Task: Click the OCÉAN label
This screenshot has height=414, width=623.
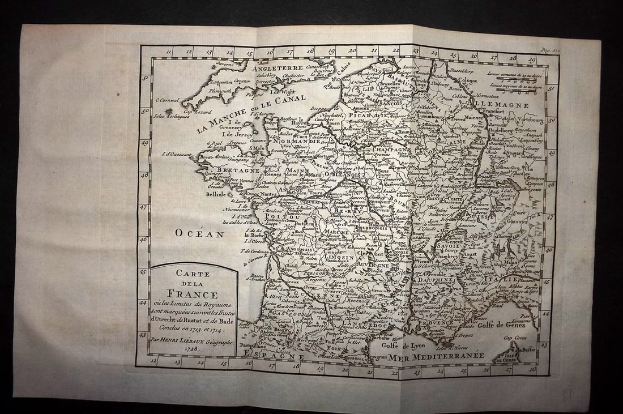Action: click(x=199, y=233)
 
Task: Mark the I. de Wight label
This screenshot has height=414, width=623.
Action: click(x=283, y=92)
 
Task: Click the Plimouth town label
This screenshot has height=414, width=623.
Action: click(x=204, y=89)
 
